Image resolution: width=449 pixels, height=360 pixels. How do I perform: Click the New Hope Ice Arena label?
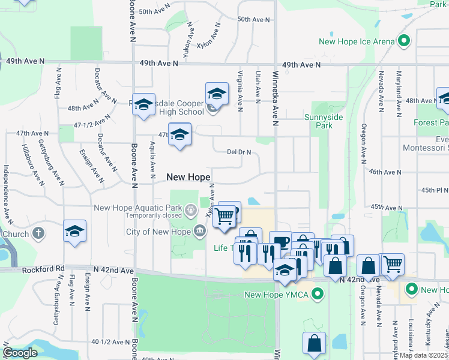357,41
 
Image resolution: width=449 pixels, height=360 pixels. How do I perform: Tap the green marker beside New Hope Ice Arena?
404,41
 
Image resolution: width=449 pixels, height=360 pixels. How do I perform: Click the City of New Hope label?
159,232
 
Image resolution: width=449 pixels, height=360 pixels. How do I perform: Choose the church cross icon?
38,233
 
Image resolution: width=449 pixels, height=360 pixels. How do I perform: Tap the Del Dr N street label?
240,152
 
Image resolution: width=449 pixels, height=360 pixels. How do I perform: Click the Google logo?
20,352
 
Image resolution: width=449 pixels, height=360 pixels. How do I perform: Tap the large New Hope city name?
188,177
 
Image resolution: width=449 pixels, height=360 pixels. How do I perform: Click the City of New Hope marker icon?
199,231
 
